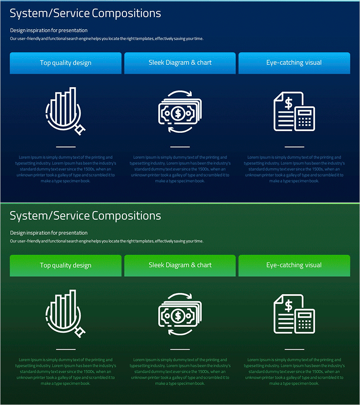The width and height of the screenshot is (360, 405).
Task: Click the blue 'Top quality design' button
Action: coord(66,63)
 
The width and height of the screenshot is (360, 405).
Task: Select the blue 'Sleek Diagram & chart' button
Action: coord(180,63)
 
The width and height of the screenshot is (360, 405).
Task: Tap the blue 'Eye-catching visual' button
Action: coord(294,63)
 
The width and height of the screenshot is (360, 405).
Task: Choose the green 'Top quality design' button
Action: coord(66,265)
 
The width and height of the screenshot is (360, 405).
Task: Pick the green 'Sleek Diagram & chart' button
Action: coord(180,265)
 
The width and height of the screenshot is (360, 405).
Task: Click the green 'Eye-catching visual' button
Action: coord(294,265)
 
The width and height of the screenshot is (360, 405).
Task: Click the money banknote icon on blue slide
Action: coord(180,112)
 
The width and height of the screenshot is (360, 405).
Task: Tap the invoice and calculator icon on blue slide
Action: coord(294,112)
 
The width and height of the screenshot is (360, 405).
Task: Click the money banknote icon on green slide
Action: coord(180,315)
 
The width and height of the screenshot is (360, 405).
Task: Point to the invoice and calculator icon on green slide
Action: coord(294,314)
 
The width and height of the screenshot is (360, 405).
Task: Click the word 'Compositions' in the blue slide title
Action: coord(126,13)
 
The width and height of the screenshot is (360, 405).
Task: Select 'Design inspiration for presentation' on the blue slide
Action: coord(49,31)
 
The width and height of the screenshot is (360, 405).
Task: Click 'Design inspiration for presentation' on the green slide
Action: coord(49,233)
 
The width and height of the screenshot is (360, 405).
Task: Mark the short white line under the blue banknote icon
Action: coord(180,147)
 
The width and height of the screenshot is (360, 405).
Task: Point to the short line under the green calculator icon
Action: coord(294,349)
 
